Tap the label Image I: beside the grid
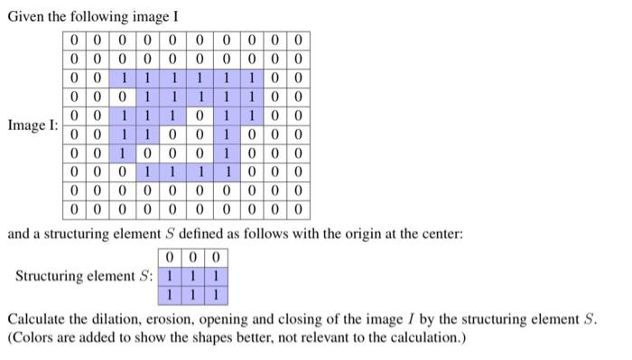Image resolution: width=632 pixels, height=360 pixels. point(33,125)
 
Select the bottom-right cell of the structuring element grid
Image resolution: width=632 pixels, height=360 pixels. point(216,294)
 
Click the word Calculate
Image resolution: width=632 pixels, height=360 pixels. point(36,319)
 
